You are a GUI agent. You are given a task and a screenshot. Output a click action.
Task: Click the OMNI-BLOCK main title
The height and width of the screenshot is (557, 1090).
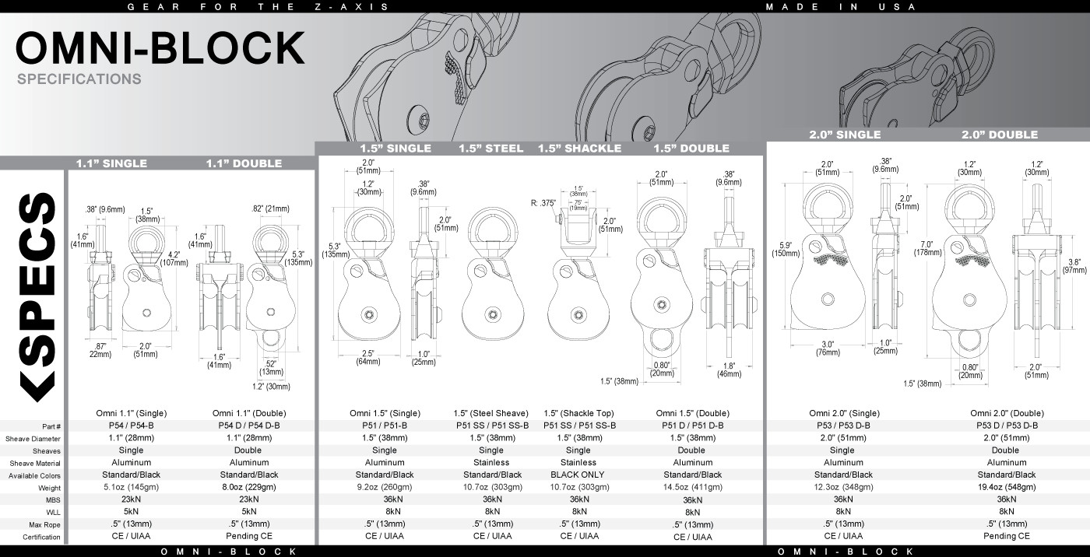pyautogui.click(x=160, y=48)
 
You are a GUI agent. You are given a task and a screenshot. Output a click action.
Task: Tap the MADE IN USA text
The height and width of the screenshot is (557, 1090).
pyautogui.click(x=840, y=7)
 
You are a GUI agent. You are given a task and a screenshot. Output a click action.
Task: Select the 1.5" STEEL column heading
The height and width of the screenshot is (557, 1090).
pyautogui.click(x=490, y=148)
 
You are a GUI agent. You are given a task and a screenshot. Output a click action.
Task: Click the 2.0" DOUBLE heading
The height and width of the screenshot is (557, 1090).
pyautogui.click(x=999, y=135)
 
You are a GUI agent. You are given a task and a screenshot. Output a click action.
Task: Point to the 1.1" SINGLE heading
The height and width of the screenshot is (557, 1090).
pyautogui.click(x=111, y=163)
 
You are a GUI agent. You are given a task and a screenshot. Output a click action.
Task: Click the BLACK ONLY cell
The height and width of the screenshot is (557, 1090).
pyautogui.click(x=578, y=475)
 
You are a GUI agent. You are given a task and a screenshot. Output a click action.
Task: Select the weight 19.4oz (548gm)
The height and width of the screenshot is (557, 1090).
pyautogui.click(x=1006, y=487)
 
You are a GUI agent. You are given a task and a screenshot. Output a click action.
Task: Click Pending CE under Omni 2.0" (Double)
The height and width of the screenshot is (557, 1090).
pyautogui.click(x=1006, y=536)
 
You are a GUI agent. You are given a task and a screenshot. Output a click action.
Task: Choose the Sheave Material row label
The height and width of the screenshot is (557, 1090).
pyautogui.click(x=35, y=464)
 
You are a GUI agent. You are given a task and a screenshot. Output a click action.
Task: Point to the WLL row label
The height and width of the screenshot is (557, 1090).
pyautogui.click(x=52, y=513)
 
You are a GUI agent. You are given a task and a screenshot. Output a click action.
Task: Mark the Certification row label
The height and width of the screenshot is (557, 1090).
pyautogui.click(x=41, y=537)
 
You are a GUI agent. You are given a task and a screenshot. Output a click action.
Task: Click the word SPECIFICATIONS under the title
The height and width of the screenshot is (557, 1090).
pyautogui.click(x=79, y=79)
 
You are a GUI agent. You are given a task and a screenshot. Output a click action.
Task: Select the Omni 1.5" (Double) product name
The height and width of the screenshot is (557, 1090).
pyautogui.click(x=691, y=413)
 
